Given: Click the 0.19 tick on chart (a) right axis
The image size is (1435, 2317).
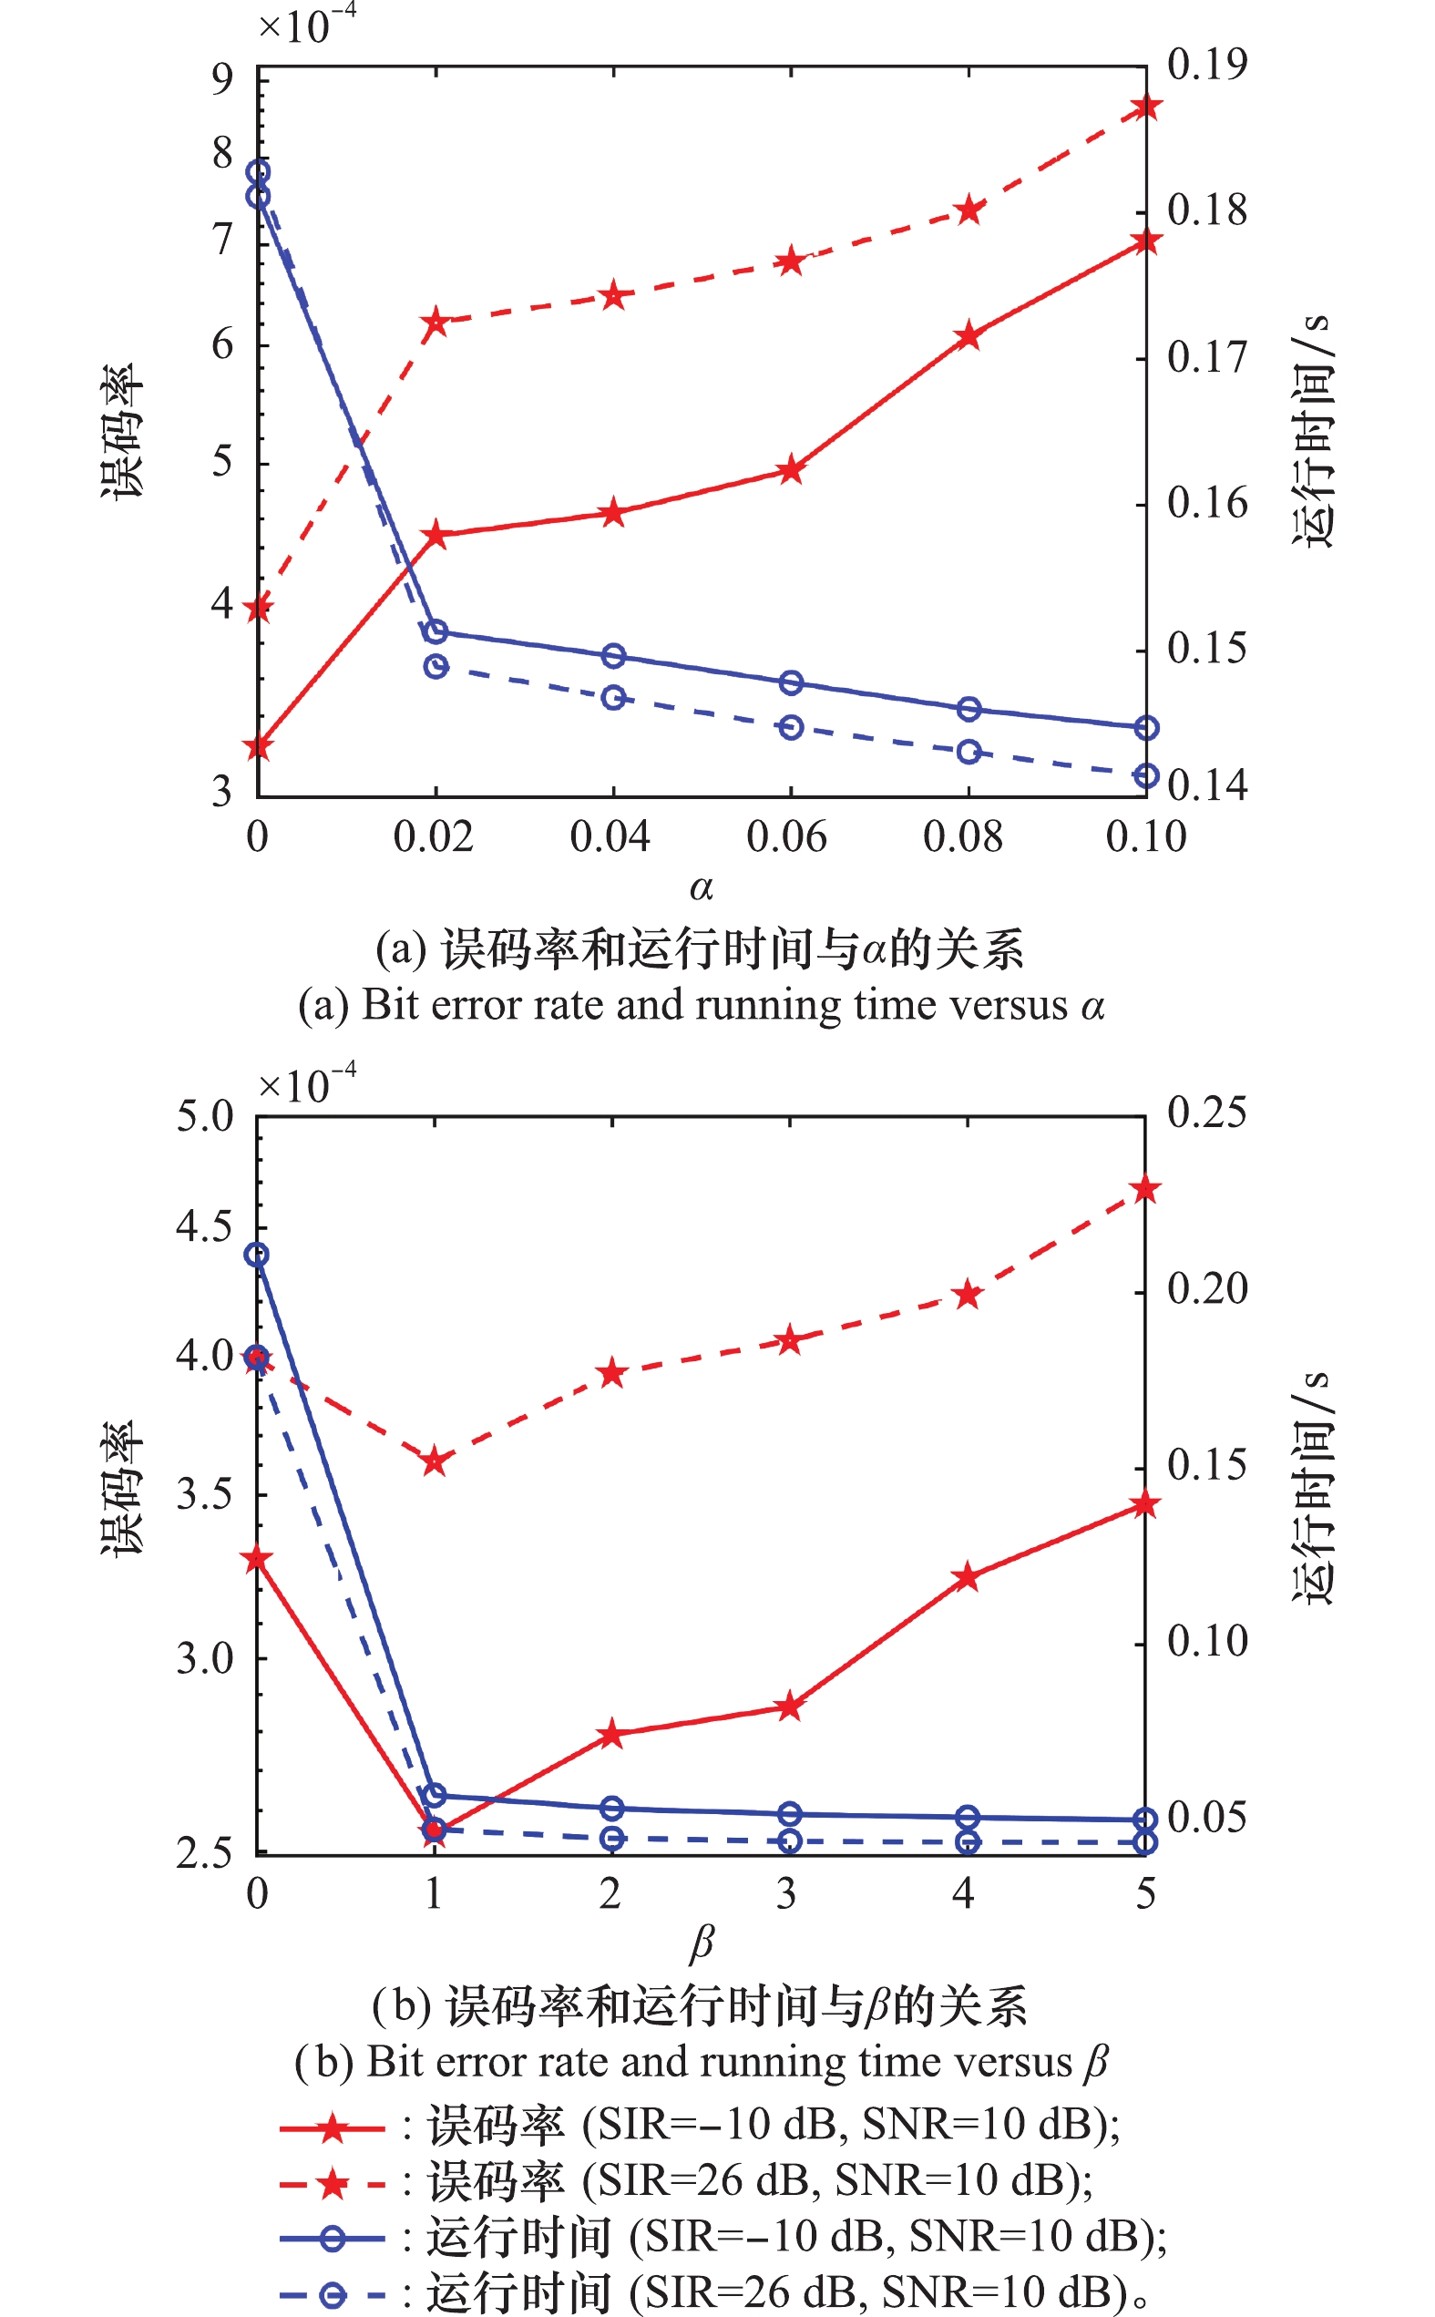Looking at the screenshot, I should tap(1206, 66).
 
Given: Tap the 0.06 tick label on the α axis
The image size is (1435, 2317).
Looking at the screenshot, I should tap(787, 836).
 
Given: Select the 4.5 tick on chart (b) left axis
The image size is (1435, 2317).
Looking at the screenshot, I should tap(204, 1225).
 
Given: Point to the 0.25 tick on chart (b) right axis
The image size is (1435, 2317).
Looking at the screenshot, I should tap(1206, 1112).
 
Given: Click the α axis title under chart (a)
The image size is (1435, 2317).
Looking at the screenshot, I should tap(701, 888).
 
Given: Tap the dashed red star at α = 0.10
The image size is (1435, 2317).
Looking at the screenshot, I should tap(1146, 107).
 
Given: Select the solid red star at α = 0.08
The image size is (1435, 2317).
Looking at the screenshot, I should tap(968, 336).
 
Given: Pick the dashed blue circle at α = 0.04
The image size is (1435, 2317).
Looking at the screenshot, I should tap(614, 697).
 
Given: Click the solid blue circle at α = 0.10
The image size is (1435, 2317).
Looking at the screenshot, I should tap(1146, 728).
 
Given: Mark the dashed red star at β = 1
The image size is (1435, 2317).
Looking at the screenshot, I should tap(435, 1461).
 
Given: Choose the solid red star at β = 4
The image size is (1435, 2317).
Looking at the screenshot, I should tap(967, 1577).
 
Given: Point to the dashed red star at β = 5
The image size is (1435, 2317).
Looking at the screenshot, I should tap(1146, 1189).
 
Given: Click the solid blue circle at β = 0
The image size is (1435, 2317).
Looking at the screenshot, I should tap(257, 1255).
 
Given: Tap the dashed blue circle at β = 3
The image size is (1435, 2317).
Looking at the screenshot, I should tap(790, 1840).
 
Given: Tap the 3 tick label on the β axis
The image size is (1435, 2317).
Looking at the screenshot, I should tap(787, 1893).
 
